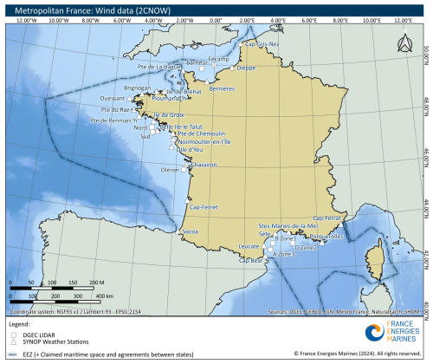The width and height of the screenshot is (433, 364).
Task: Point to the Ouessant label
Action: pos(113,98)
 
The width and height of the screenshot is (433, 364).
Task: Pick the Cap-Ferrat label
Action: pos(328,218)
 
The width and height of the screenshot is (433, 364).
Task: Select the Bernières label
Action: pos(223,88)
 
